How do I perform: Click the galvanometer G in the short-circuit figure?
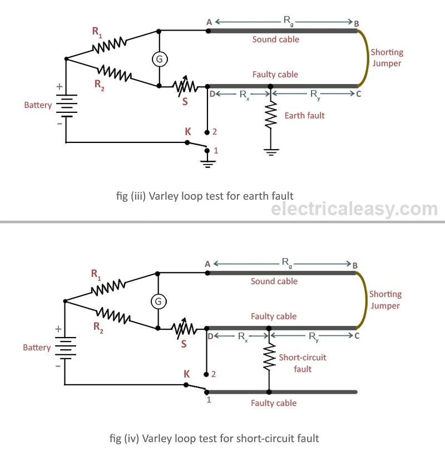pyautogui.click(x=159, y=301)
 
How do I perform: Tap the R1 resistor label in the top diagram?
pyautogui.click(x=97, y=32)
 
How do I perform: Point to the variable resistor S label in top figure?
pyautogui.click(x=185, y=101)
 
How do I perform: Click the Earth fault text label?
pyautogui.click(x=304, y=116)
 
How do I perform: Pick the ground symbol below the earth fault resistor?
pyautogui.click(x=270, y=151)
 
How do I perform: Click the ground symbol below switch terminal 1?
pyautogui.click(x=207, y=162)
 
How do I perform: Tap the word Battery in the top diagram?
pyautogui.click(x=38, y=105)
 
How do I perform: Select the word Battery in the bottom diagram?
pyautogui.click(x=37, y=348)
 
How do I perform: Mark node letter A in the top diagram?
pyautogui.click(x=209, y=22)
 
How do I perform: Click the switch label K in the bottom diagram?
pyautogui.click(x=187, y=374)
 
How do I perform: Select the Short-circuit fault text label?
pyautogui.click(x=302, y=363)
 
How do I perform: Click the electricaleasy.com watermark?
pyautogui.click(x=354, y=209)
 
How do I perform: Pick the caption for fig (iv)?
pyautogui.click(x=214, y=438)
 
